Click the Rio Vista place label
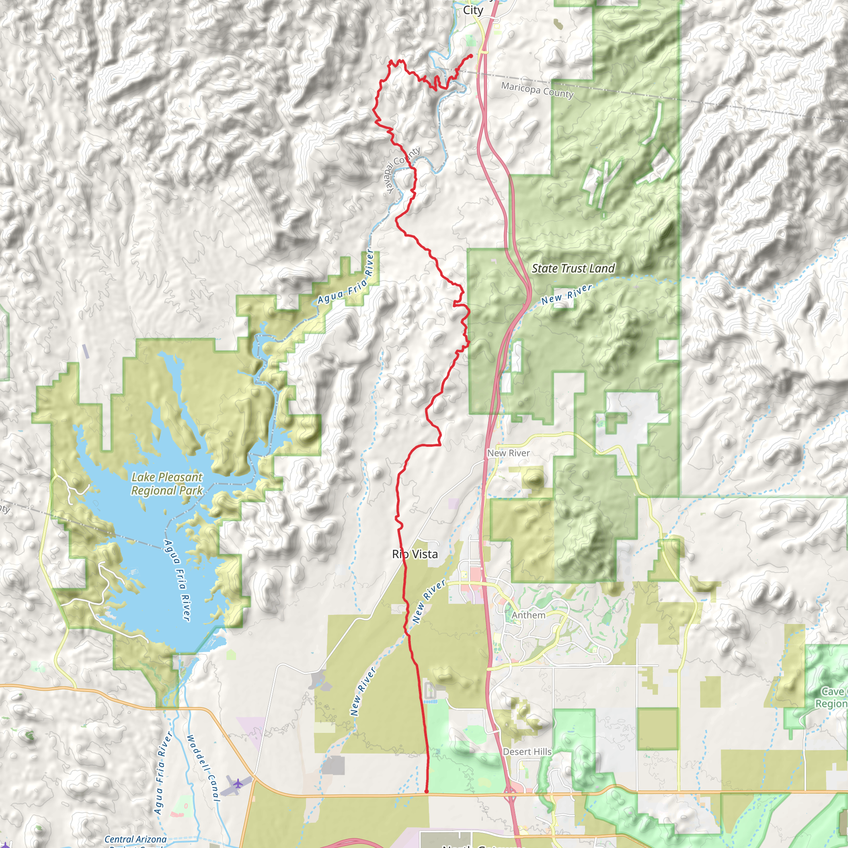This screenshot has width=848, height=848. (x=415, y=554)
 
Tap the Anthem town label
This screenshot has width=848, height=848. (x=528, y=615)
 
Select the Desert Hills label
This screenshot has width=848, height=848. (x=527, y=752)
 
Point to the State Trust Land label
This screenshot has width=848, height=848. (x=573, y=269)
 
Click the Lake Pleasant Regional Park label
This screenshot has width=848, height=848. (x=167, y=484)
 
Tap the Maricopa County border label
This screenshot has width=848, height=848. (x=537, y=90)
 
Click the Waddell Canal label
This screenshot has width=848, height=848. (x=203, y=768)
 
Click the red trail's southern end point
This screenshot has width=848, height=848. (x=426, y=792)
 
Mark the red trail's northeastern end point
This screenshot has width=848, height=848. (x=471, y=56)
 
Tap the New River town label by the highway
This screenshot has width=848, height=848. (x=508, y=453)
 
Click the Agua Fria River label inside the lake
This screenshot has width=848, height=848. (x=177, y=580)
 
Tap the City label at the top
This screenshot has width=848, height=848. (x=473, y=10)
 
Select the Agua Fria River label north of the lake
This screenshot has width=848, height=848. (x=345, y=277)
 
